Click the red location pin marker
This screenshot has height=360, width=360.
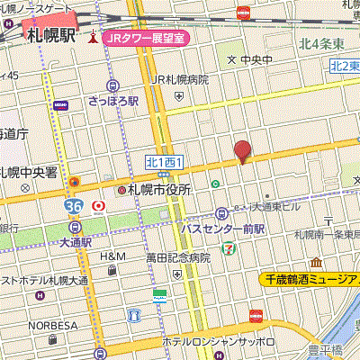pyautogui.click(x=241, y=151)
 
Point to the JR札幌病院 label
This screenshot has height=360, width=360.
pyautogui.click(x=180, y=80)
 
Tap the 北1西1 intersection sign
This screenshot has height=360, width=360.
pyautogui.click(x=164, y=162)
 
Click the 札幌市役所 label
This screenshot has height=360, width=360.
pyautogui.click(x=160, y=190)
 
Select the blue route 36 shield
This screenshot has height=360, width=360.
pyautogui.click(x=74, y=206)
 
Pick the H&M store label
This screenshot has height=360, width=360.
pyautogui.click(x=112, y=256)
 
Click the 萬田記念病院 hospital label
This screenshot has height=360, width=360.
pyautogui.click(x=178, y=257)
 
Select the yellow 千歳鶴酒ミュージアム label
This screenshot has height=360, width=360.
pyautogui.click(x=310, y=280)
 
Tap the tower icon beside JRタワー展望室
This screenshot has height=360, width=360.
pyautogui.click(x=92, y=38)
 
